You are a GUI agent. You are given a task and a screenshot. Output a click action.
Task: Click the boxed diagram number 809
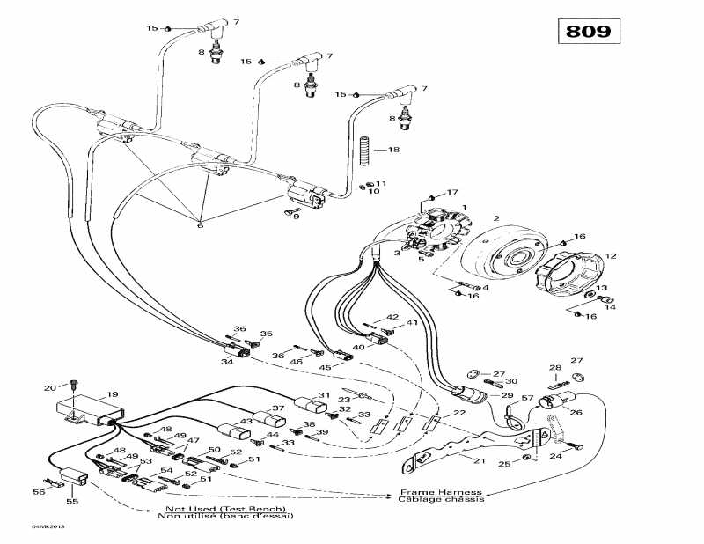pyautogui.click(x=588, y=31)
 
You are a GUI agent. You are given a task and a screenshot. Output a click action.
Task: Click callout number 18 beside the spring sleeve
pyautogui.click(x=393, y=151)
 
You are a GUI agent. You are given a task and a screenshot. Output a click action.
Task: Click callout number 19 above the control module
pyautogui.click(x=112, y=394)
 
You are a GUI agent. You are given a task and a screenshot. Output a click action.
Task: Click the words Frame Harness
pyautogui.click(x=441, y=492)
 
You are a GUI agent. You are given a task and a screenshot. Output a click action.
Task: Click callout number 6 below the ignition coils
pyautogui.click(x=200, y=225)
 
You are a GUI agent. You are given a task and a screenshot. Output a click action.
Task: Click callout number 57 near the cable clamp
pyautogui.click(x=528, y=399)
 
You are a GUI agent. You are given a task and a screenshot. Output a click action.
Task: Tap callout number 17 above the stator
pyautogui.click(x=453, y=192)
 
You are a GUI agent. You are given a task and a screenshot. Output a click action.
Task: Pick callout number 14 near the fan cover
pyautogui.click(x=609, y=307)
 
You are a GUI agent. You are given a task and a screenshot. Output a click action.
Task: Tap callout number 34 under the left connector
pyautogui.click(x=227, y=361)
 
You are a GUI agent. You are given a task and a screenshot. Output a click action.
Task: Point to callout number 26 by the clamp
pyautogui.click(x=576, y=411)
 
